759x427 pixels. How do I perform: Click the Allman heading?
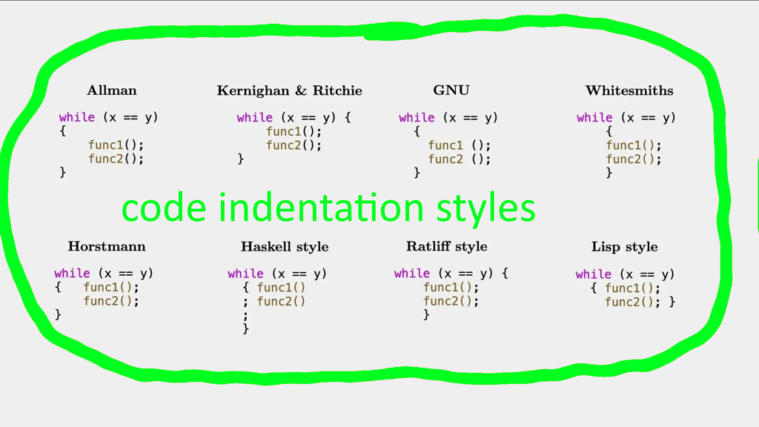point(112,90)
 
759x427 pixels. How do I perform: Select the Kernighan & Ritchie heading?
point(290,91)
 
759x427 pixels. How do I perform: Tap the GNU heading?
point(451,90)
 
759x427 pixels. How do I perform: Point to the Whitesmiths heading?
point(629,90)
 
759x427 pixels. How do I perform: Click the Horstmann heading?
point(107,246)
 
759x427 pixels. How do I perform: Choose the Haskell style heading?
point(285,247)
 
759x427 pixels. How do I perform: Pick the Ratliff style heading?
point(447,246)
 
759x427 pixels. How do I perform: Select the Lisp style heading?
point(624,247)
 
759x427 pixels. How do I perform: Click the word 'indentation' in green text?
point(322,208)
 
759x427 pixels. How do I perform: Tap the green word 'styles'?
point(485,209)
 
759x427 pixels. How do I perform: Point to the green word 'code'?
point(164,208)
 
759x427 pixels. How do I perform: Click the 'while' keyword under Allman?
point(77,117)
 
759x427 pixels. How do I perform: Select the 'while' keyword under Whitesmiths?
point(594,118)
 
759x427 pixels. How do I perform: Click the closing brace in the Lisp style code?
point(672,302)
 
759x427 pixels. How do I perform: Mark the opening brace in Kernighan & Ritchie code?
point(348,118)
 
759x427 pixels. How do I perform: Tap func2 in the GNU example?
point(445,159)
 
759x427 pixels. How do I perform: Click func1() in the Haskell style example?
point(281,288)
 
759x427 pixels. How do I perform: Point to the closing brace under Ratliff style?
point(426,314)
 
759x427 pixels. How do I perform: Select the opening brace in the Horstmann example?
point(58,287)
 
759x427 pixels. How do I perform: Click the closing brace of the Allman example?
point(62,172)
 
